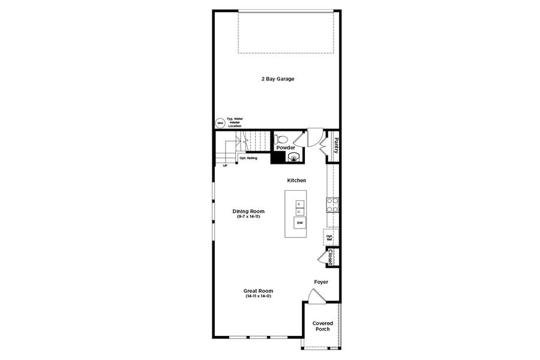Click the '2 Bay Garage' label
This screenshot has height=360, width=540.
tap(277, 79)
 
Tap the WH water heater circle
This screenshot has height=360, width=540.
tap(220, 123)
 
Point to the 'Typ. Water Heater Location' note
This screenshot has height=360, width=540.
tap(234, 122)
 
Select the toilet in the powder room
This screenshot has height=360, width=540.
tap(281, 139)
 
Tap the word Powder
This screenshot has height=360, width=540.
tap(285, 148)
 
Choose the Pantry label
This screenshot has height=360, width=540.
tap(336, 145)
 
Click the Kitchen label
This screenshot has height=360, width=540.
tap(296, 181)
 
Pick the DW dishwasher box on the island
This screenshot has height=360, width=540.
tap(299, 223)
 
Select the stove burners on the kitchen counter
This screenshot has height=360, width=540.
tap(332, 205)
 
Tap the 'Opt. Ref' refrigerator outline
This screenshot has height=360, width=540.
tap(330, 238)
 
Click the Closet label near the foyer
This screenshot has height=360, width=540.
tap(331, 256)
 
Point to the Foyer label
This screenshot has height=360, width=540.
tap(321, 281)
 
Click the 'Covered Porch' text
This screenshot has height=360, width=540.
tap(323, 326)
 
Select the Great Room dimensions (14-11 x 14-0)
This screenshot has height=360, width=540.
tap(258, 296)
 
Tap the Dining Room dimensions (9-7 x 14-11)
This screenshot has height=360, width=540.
tap(248, 216)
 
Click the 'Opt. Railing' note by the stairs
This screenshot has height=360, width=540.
tap(248, 158)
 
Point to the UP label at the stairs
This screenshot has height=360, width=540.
tap(225, 166)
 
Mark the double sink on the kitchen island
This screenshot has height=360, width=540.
tap(299, 208)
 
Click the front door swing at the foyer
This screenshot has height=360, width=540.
tap(315, 296)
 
